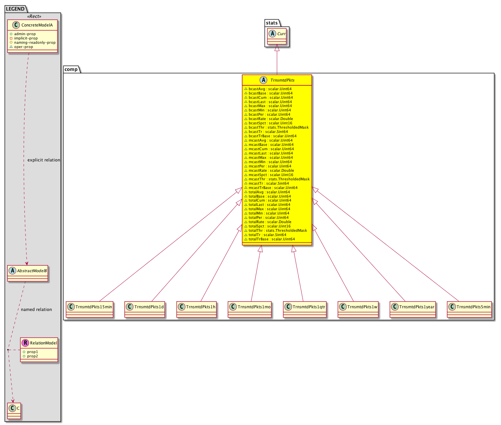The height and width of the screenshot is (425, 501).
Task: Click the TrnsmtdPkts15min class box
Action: [89, 309]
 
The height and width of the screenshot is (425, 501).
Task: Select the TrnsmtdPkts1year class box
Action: [413, 309]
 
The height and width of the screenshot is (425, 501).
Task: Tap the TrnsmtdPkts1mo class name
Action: [254, 307]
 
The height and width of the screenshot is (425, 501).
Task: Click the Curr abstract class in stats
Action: [277, 36]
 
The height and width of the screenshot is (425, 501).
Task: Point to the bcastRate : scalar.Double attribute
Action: [271, 119]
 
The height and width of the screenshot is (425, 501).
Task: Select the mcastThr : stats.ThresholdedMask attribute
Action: [277, 179]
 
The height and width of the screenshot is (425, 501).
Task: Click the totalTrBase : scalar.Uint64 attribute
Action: [270, 239]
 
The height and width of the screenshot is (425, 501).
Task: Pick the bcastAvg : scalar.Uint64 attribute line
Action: [268, 89]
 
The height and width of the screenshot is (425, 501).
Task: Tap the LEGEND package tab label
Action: [15, 9]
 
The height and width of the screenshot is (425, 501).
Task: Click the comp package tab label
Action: [71, 69]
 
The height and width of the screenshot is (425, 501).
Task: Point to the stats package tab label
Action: [272, 23]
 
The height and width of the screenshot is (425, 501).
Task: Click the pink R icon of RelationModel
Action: [25, 343]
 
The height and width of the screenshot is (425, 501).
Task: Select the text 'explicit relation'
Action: [44, 160]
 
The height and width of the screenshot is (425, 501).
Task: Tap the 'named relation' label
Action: [36, 309]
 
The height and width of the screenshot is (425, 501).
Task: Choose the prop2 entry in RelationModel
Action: [30, 356]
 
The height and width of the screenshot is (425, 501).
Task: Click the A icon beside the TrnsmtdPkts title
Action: [263, 80]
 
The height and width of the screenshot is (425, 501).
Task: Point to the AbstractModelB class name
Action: [32, 271]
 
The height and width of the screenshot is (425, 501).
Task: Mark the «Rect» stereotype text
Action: [34, 16]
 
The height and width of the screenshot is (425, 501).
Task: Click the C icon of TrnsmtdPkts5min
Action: [452, 307]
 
